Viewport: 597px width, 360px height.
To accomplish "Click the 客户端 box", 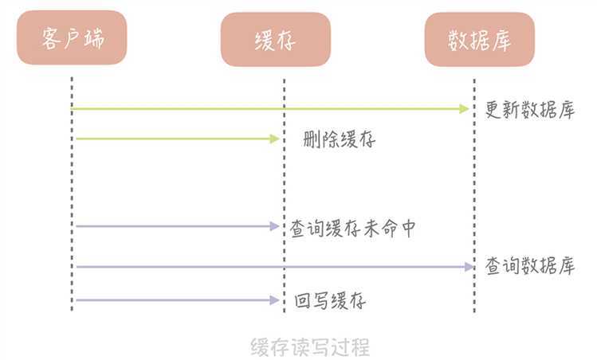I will pos(72,37).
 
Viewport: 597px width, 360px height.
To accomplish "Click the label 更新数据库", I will pos(529,110).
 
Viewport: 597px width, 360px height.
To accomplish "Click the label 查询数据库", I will pos(529,267).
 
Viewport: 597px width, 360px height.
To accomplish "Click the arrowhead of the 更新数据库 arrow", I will pos(465,108).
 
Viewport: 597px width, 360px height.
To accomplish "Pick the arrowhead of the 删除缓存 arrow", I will pos(275,139).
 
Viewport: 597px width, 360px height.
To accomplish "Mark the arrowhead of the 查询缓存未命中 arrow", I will pos(275,226).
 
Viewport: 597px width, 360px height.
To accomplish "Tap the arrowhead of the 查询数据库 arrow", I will pos(469,267).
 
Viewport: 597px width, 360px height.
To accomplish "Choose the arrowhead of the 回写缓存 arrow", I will pos(275,299).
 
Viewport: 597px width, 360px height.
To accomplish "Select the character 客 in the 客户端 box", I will pos(51,37).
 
